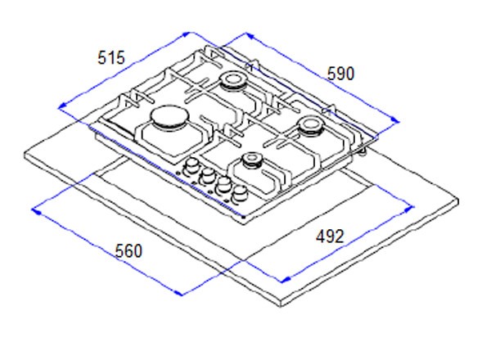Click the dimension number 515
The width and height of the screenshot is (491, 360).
(x=111, y=58)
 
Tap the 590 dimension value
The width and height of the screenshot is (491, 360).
(x=340, y=74)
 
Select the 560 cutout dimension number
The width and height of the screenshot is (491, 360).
(x=128, y=250)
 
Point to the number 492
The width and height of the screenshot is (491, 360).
(x=330, y=236)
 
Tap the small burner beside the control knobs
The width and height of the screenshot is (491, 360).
(x=251, y=160)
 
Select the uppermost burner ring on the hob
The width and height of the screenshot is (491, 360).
(x=232, y=80)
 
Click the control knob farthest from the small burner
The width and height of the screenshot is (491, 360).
(x=191, y=166)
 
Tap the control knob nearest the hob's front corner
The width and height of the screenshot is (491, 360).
(x=240, y=194)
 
